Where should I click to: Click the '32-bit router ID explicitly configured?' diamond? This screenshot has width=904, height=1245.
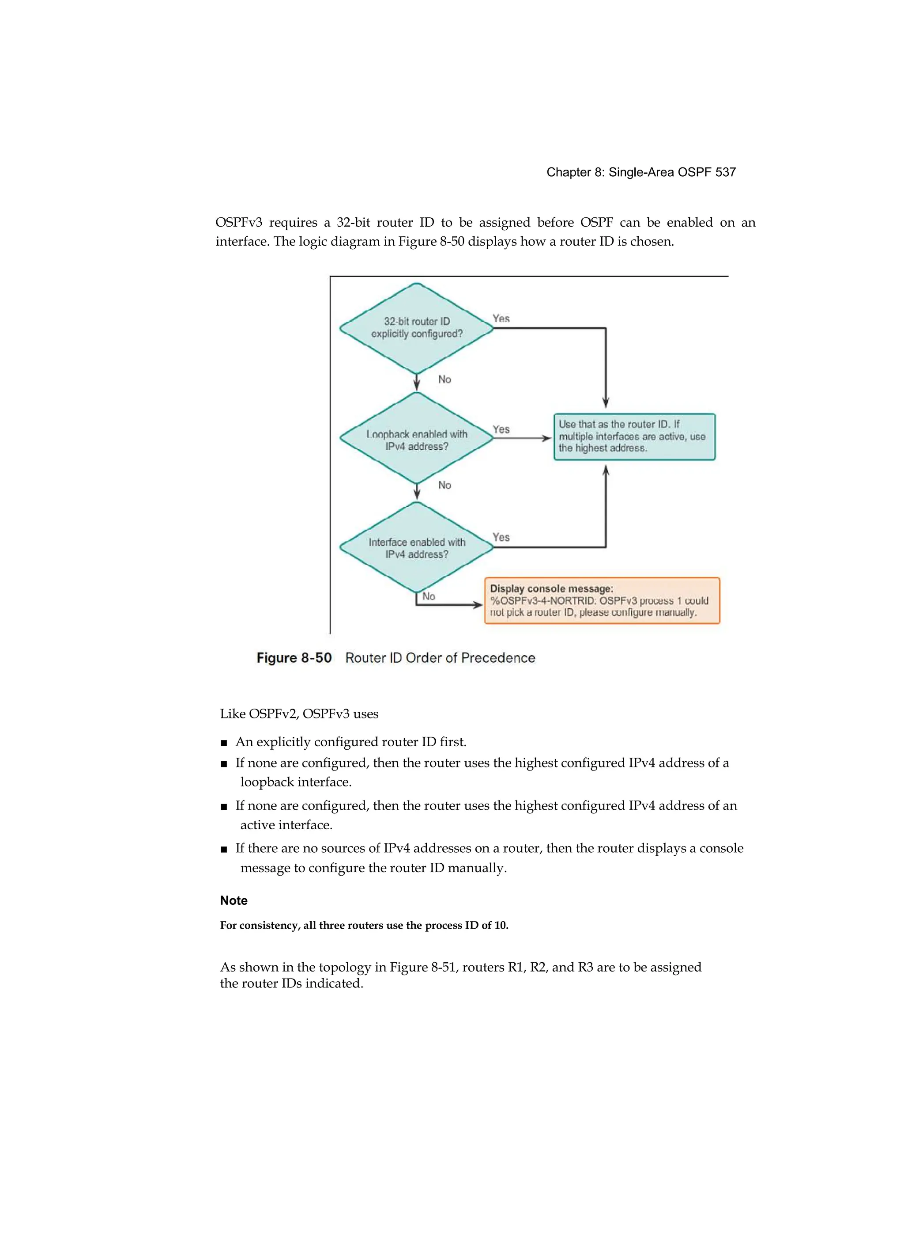click(416, 328)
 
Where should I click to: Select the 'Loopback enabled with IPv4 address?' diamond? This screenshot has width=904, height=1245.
click(416, 439)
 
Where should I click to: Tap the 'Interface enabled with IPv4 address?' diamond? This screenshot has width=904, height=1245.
click(416, 547)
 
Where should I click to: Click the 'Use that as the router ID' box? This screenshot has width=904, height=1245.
click(634, 437)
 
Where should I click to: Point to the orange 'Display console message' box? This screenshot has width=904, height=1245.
click(602, 600)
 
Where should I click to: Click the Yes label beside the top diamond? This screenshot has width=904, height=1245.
click(501, 319)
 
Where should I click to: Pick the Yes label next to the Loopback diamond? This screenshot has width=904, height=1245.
click(501, 429)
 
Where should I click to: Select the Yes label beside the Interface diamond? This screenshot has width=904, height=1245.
click(501, 537)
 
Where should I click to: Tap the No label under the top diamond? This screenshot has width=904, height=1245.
click(444, 380)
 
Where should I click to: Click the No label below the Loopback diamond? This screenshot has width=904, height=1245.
click(444, 485)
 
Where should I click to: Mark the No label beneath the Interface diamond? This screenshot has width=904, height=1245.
click(429, 596)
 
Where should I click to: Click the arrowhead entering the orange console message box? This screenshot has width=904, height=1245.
click(478, 605)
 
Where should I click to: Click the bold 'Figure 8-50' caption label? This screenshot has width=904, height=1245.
click(294, 658)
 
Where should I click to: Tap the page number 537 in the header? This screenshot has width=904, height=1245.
click(725, 172)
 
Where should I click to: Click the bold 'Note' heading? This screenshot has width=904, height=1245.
click(234, 900)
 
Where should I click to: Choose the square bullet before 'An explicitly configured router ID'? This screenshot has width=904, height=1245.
click(224, 743)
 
